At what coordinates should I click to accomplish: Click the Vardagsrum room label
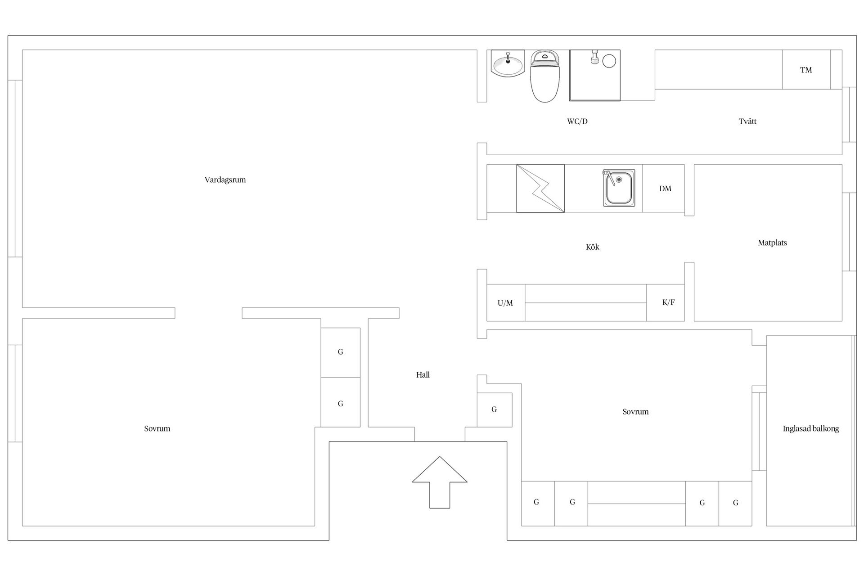(225, 180)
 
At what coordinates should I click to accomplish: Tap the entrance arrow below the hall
(440, 482)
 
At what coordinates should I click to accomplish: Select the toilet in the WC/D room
(545, 76)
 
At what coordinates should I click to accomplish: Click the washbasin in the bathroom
(508, 63)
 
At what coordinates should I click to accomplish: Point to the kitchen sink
(619, 188)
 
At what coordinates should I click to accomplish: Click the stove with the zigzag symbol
(540, 189)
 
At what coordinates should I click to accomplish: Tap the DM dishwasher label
(665, 189)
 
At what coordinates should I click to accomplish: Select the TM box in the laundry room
(806, 70)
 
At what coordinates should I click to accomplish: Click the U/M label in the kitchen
(505, 303)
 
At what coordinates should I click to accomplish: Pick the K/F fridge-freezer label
(668, 302)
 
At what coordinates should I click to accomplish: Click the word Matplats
(772, 243)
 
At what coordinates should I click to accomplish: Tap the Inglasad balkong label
(811, 429)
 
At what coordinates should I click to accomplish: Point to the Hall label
(423, 375)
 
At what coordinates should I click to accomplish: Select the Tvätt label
(747, 121)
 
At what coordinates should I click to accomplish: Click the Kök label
(593, 247)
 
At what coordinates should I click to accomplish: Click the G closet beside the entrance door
(495, 410)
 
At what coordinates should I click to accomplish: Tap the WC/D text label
(577, 121)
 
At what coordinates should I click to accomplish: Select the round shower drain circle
(609, 61)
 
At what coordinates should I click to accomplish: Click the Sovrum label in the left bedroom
(157, 429)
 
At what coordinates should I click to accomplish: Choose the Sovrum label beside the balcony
(635, 412)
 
